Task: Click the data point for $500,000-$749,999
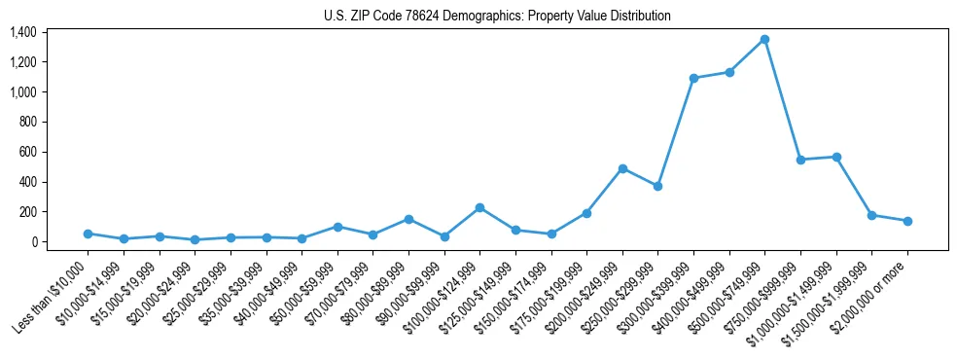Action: click(x=765, y=39)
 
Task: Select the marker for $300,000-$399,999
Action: click(x=693, y=78)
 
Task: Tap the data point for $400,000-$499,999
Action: click(x=729, y=72)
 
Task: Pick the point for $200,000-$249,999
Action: click(x=622, y=168)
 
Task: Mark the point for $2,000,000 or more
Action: click(x=907, y=221)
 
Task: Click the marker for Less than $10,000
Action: click(x=88, y=234)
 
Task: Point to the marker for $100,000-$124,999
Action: click(x=479, y=207)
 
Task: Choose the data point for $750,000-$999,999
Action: click(x=800, y=160)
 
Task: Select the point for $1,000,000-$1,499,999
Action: click(x=836, y=157)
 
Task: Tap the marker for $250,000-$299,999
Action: click(x=658, y=186)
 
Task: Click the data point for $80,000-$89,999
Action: click(x=408, y=219)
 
